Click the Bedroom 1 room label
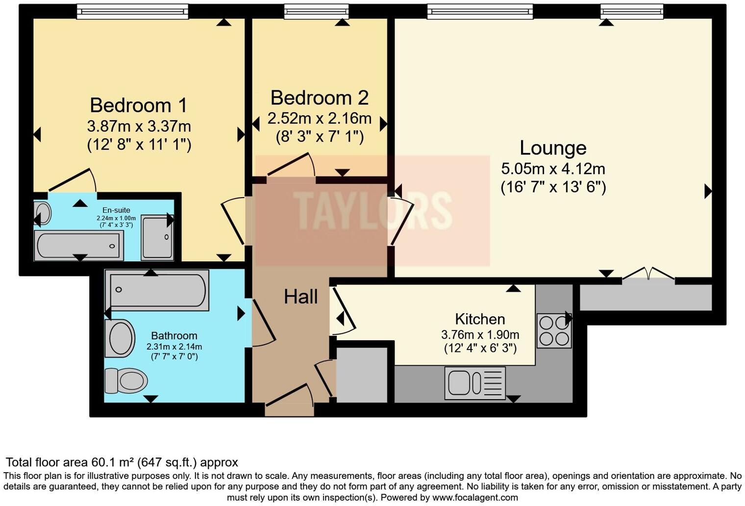(x=139, y=105)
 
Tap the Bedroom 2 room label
(x=319, y=98)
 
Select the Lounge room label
(x=553, y=148)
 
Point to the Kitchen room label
(x=480, y=319)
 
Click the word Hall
(x=300, y=297)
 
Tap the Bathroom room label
(x=174, y=336)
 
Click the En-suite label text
(x=116, y=210)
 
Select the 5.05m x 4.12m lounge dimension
(x=553, y=169)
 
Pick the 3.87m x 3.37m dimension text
(x=139, y=126)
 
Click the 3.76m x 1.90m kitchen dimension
(x=480, y=335)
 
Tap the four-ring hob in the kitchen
(x=554, y=331)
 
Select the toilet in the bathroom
(x=126, y=380)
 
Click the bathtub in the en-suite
(x=78, y=246)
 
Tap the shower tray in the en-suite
(x=157, y=237)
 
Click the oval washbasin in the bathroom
(x=120, y=338)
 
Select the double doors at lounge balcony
(x=648, y=275)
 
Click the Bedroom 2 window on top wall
(x=316, y=11)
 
